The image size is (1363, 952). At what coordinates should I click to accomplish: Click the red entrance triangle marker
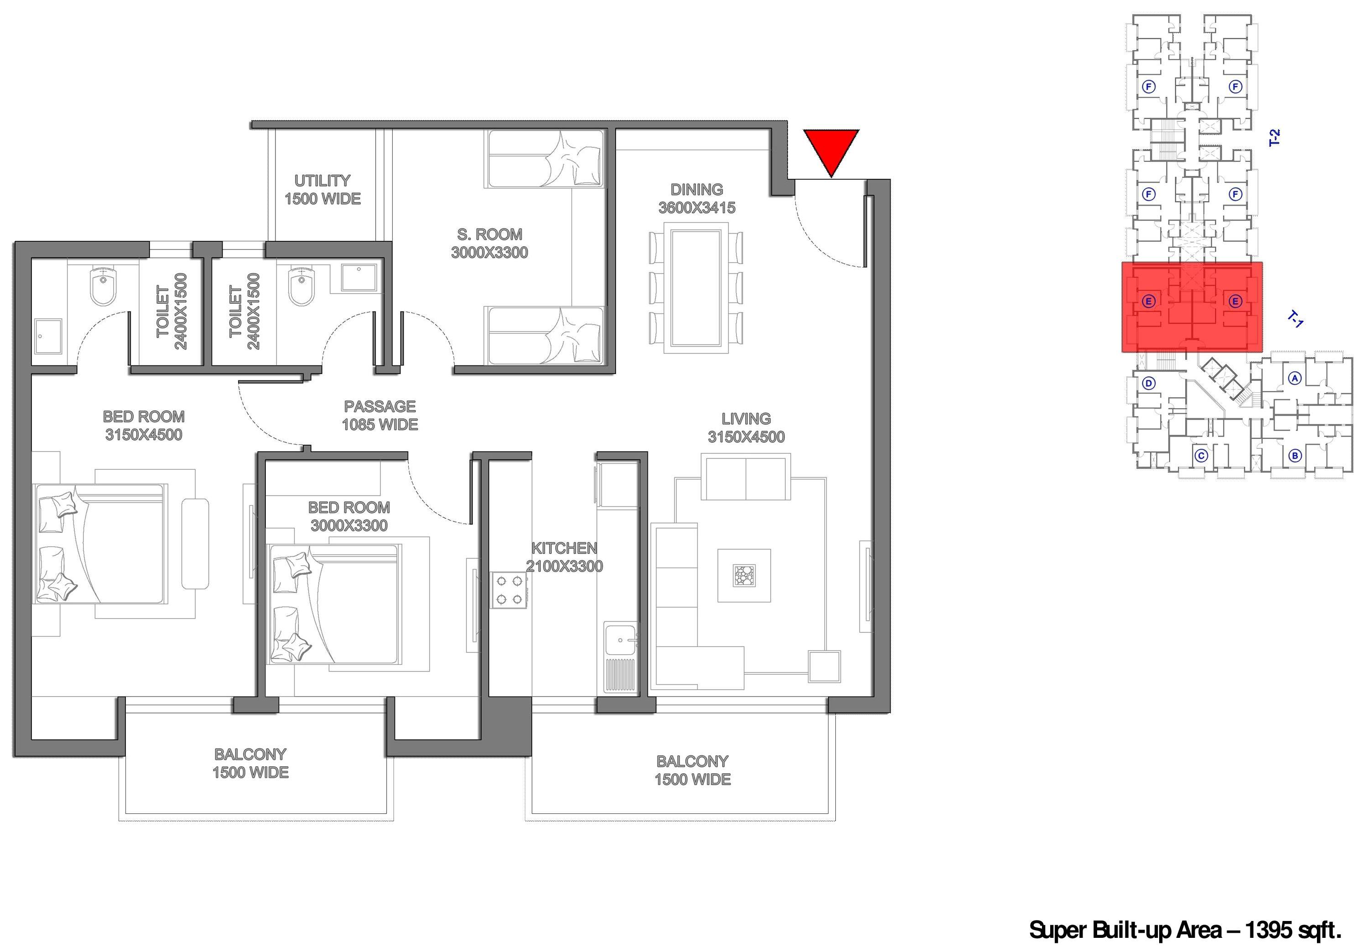pyautogui.click(x=831, y=148)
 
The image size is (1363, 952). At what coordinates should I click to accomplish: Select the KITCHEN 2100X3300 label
pyautogui.click(x=564, y=557)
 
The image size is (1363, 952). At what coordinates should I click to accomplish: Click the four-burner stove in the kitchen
pyautogui.click(x=509, y=590)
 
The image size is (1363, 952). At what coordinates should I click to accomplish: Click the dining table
pyautogui.click(x=696, y=288)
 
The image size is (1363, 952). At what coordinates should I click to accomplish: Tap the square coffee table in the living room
pyautogui.click(x=744, y=576)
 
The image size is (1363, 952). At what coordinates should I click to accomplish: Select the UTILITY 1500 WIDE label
pyautogui.click(x=322, y=189)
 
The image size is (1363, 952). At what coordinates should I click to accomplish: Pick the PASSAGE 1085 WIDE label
pyautogui.click(x=380, y=415)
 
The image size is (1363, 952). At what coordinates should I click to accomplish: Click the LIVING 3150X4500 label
pyautogui.click(x=746, y=427)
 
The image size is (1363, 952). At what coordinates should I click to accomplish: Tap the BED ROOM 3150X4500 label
pyautogui.click(x=144, y=425)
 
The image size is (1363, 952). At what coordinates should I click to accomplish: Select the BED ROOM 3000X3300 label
pyautogui.click(x=349, y=516)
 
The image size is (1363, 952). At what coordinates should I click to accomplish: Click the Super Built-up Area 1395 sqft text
pyautogui.click(x=1185, y=930)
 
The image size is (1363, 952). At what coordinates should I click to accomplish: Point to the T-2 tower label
pyautogui.click(x=1274, y=138)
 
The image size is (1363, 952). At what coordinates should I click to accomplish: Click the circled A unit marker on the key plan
pyautogui.click(x=1295, y=378)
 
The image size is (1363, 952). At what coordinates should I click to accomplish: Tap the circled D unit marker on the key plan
pyautogui.click(x=1149, y=383)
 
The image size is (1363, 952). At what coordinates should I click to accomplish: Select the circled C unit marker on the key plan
pyautogui.click(x=1201, y=456)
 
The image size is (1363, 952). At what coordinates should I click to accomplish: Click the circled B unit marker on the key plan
pyautogui.click(x=1295, y=456)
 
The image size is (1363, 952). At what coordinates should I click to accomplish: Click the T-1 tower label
pyautogui.click(x=1296, y=319)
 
